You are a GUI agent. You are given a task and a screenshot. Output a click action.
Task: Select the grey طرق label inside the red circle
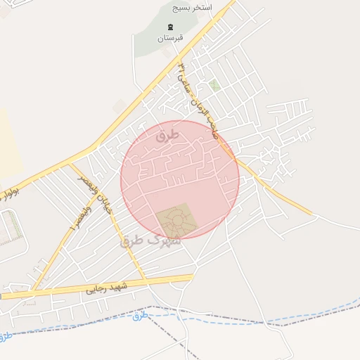(x=169, y=133)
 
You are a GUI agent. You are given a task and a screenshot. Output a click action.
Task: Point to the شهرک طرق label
(x=150, y=240)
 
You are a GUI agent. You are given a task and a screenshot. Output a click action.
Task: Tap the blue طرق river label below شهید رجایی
(x=141, y=314)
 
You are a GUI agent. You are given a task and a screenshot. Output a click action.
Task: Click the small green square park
(x=214, y=85)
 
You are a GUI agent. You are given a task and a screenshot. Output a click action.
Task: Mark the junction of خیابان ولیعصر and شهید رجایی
(x=146, y=281)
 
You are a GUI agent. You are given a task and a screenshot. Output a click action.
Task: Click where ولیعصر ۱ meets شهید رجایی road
(x=32, y=290)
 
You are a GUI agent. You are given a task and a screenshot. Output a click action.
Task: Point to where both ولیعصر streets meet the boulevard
(x=71, y=165)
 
